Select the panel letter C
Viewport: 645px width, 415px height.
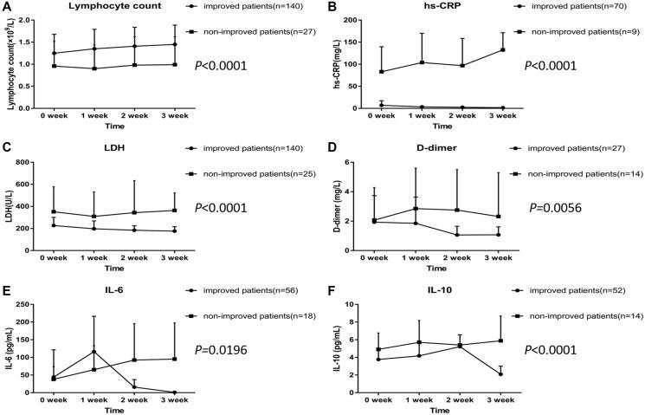6,148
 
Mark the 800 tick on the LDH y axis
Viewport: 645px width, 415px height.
35,163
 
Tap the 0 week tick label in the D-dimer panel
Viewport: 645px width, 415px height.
373,258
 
